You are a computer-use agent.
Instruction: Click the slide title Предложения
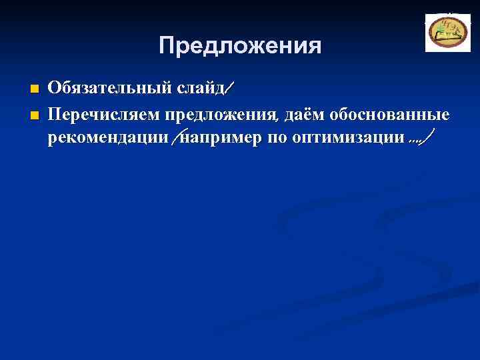(240, 46)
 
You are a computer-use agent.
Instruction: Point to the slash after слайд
(230, 88)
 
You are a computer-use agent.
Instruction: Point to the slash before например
(175, 139)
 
